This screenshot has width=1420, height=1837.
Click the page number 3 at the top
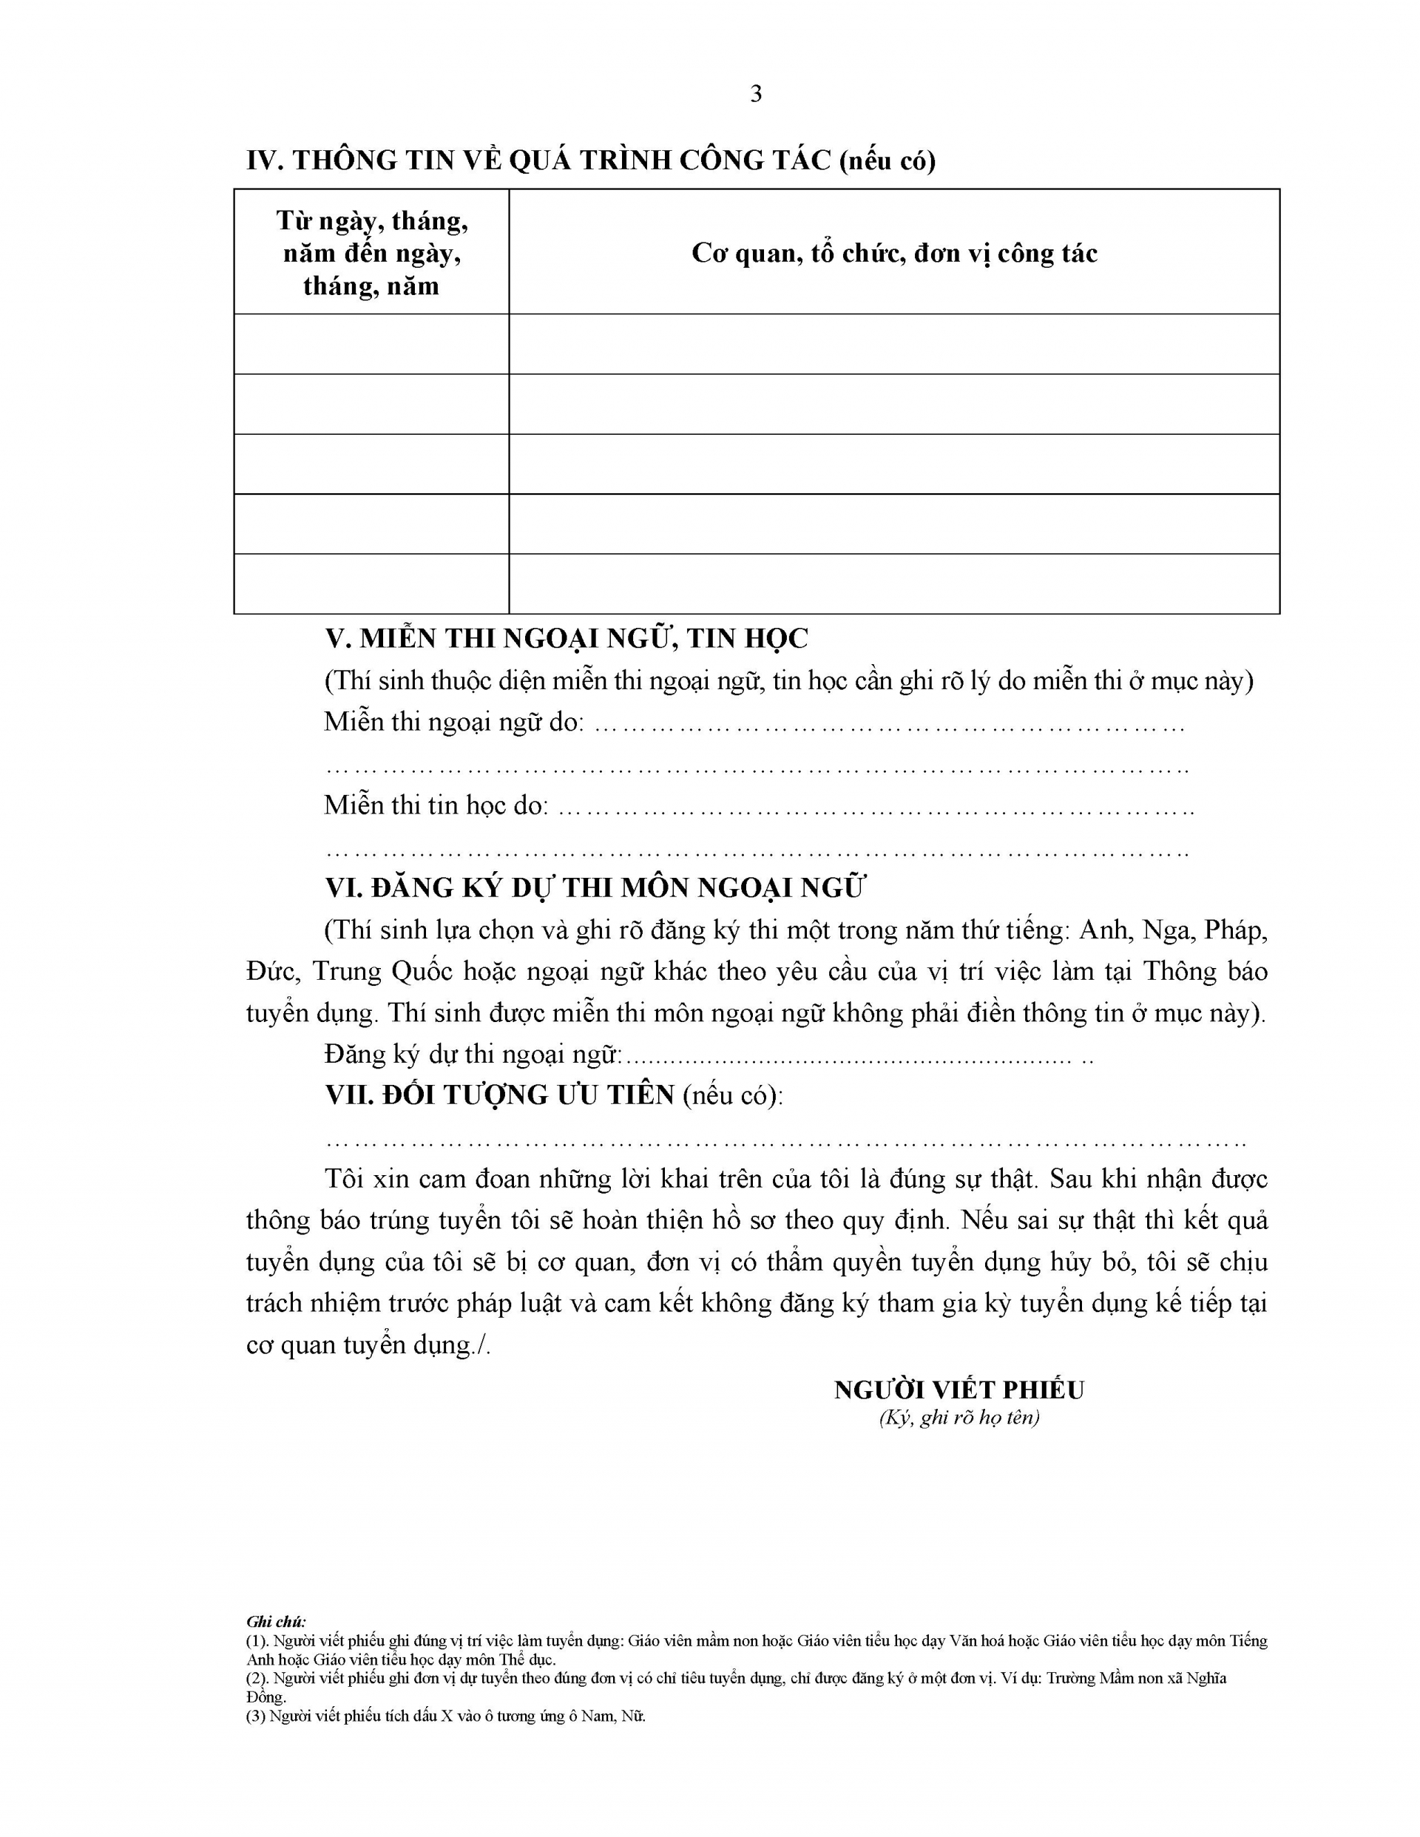pos(755,94)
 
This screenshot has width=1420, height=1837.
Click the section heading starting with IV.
pos(590,160)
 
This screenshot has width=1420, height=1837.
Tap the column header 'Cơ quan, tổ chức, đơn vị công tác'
pos(893,252)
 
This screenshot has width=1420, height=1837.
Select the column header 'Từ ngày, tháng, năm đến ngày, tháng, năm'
pos(372,252)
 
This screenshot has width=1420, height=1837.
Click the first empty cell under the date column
pos(372,344)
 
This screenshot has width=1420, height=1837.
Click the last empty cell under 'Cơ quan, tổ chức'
pos(893,583)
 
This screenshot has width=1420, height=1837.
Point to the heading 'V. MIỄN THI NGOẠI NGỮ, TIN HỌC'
pos(566,638)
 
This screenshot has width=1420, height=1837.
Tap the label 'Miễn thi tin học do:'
pos(436,805)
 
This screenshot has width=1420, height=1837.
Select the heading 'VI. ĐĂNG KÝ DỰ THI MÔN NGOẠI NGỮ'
pos(595,887)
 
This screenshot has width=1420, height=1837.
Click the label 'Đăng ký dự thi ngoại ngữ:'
pos(473,1054)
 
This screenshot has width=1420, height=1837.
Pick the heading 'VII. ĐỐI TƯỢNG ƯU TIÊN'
pos(500,1095)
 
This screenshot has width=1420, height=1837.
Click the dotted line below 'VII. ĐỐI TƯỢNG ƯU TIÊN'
pos(784,1143)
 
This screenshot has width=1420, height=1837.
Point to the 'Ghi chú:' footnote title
pos(276,1622)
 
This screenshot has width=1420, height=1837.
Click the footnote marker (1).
pos(257,1641)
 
